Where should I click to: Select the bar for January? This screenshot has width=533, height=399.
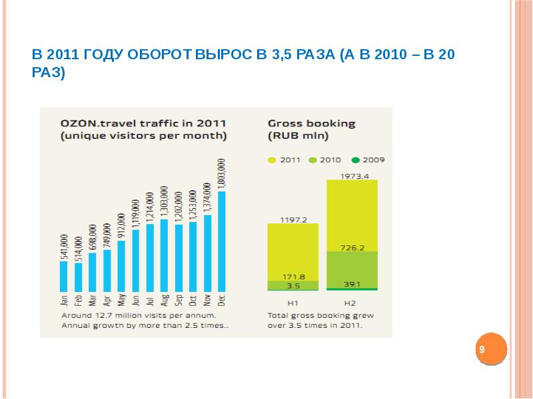tap(64, 275)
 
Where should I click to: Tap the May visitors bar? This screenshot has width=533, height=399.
tap(121, 265)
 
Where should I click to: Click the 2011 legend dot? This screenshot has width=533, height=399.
tap(271, 160)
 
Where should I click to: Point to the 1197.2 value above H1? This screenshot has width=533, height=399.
tap(292, 219)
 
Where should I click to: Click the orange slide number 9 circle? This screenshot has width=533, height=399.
tap(492, 349)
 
